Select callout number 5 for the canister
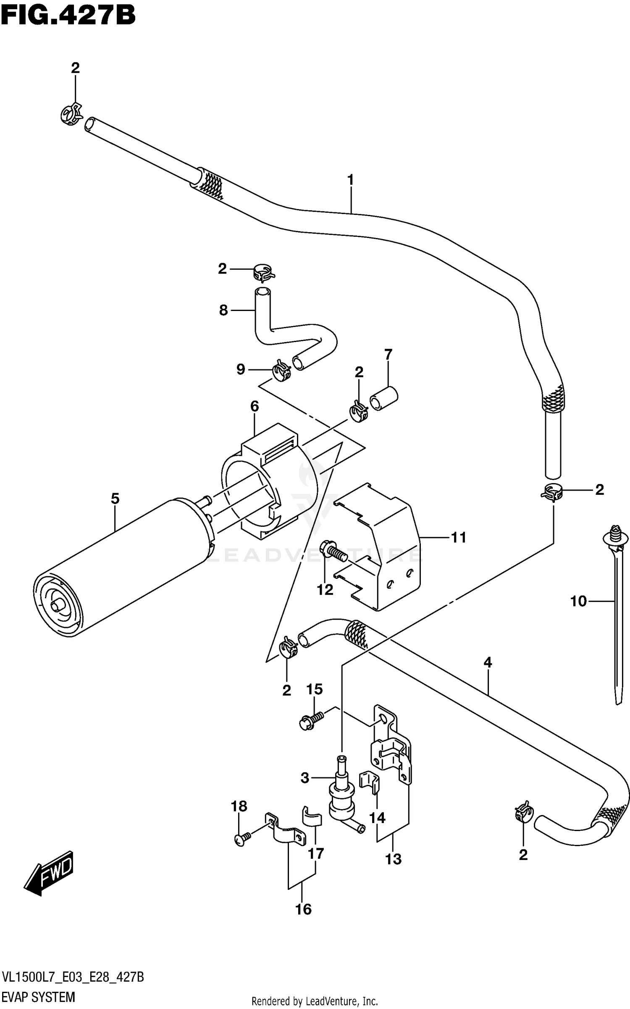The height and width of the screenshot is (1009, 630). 115,499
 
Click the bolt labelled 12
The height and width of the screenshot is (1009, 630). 333,553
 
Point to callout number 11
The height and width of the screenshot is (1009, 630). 459,537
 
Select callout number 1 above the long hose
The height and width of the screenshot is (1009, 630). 350,180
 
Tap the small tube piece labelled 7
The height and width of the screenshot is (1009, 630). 383,398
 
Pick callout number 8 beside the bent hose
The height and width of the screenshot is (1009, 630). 223,310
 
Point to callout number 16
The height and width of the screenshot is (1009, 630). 303,909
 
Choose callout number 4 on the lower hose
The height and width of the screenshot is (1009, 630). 487,662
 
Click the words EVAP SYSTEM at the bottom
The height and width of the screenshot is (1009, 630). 38,993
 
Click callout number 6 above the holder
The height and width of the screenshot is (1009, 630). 255,406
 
